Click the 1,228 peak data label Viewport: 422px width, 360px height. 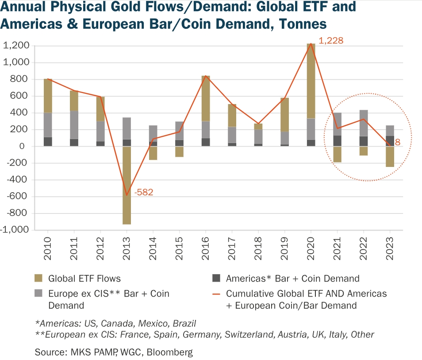[x=331, y=41]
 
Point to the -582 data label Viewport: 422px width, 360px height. [x=144, y=192]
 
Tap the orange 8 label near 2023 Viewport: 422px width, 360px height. [x=398, y=142]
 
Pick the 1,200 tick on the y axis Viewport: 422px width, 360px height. [x=16, y=46]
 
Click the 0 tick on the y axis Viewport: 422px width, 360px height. [x=27, y=146]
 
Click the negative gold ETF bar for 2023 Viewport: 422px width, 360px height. [x=390, y=157]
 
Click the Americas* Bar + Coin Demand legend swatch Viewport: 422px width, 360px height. [x=215, y=279]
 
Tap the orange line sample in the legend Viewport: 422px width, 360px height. [x=215, y=294]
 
